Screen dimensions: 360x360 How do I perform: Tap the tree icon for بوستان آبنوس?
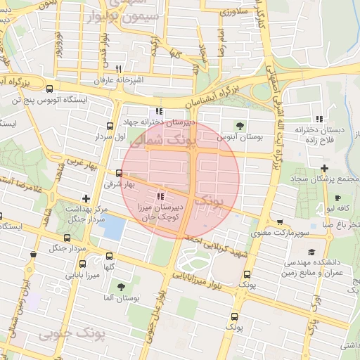click(240, 126)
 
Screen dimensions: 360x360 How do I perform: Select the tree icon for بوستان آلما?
click(121, 287)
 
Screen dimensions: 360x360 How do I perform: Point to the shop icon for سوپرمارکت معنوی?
click(280, 221)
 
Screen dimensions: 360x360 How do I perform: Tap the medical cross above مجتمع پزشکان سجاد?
click(323, 168)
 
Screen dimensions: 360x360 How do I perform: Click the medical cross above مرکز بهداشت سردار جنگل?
click(86, 199)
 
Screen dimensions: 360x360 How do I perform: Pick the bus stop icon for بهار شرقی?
click(119, 173)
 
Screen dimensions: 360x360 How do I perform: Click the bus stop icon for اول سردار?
click(109, 127)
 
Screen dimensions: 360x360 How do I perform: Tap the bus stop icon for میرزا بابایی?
click(83, 264)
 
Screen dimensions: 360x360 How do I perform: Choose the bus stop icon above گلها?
click(108, 256)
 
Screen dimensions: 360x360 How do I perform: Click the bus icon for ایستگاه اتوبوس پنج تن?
click(49, 89)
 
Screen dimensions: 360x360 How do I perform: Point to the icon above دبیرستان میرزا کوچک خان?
click(160, 197)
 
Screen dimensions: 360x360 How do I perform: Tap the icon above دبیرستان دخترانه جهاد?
click(160, 111)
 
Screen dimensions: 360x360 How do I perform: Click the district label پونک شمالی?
click(157, 141)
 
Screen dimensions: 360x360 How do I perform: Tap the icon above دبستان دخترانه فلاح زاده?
click(320, 119)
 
